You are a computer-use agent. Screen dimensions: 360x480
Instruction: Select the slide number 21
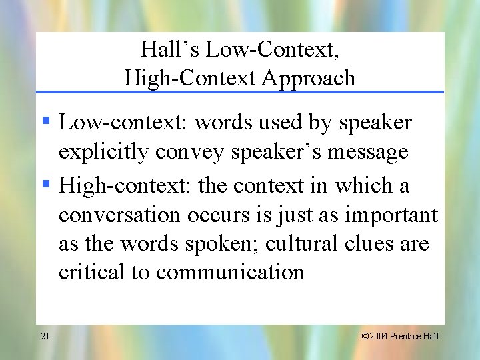pos(45,336)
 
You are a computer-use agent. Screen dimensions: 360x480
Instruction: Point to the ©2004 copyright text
pos(372,336)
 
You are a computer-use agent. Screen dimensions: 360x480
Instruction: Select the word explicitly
pos(103,153)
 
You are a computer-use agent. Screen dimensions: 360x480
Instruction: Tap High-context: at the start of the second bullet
pos(107,185)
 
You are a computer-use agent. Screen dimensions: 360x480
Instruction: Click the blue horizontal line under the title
pos(240,92)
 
